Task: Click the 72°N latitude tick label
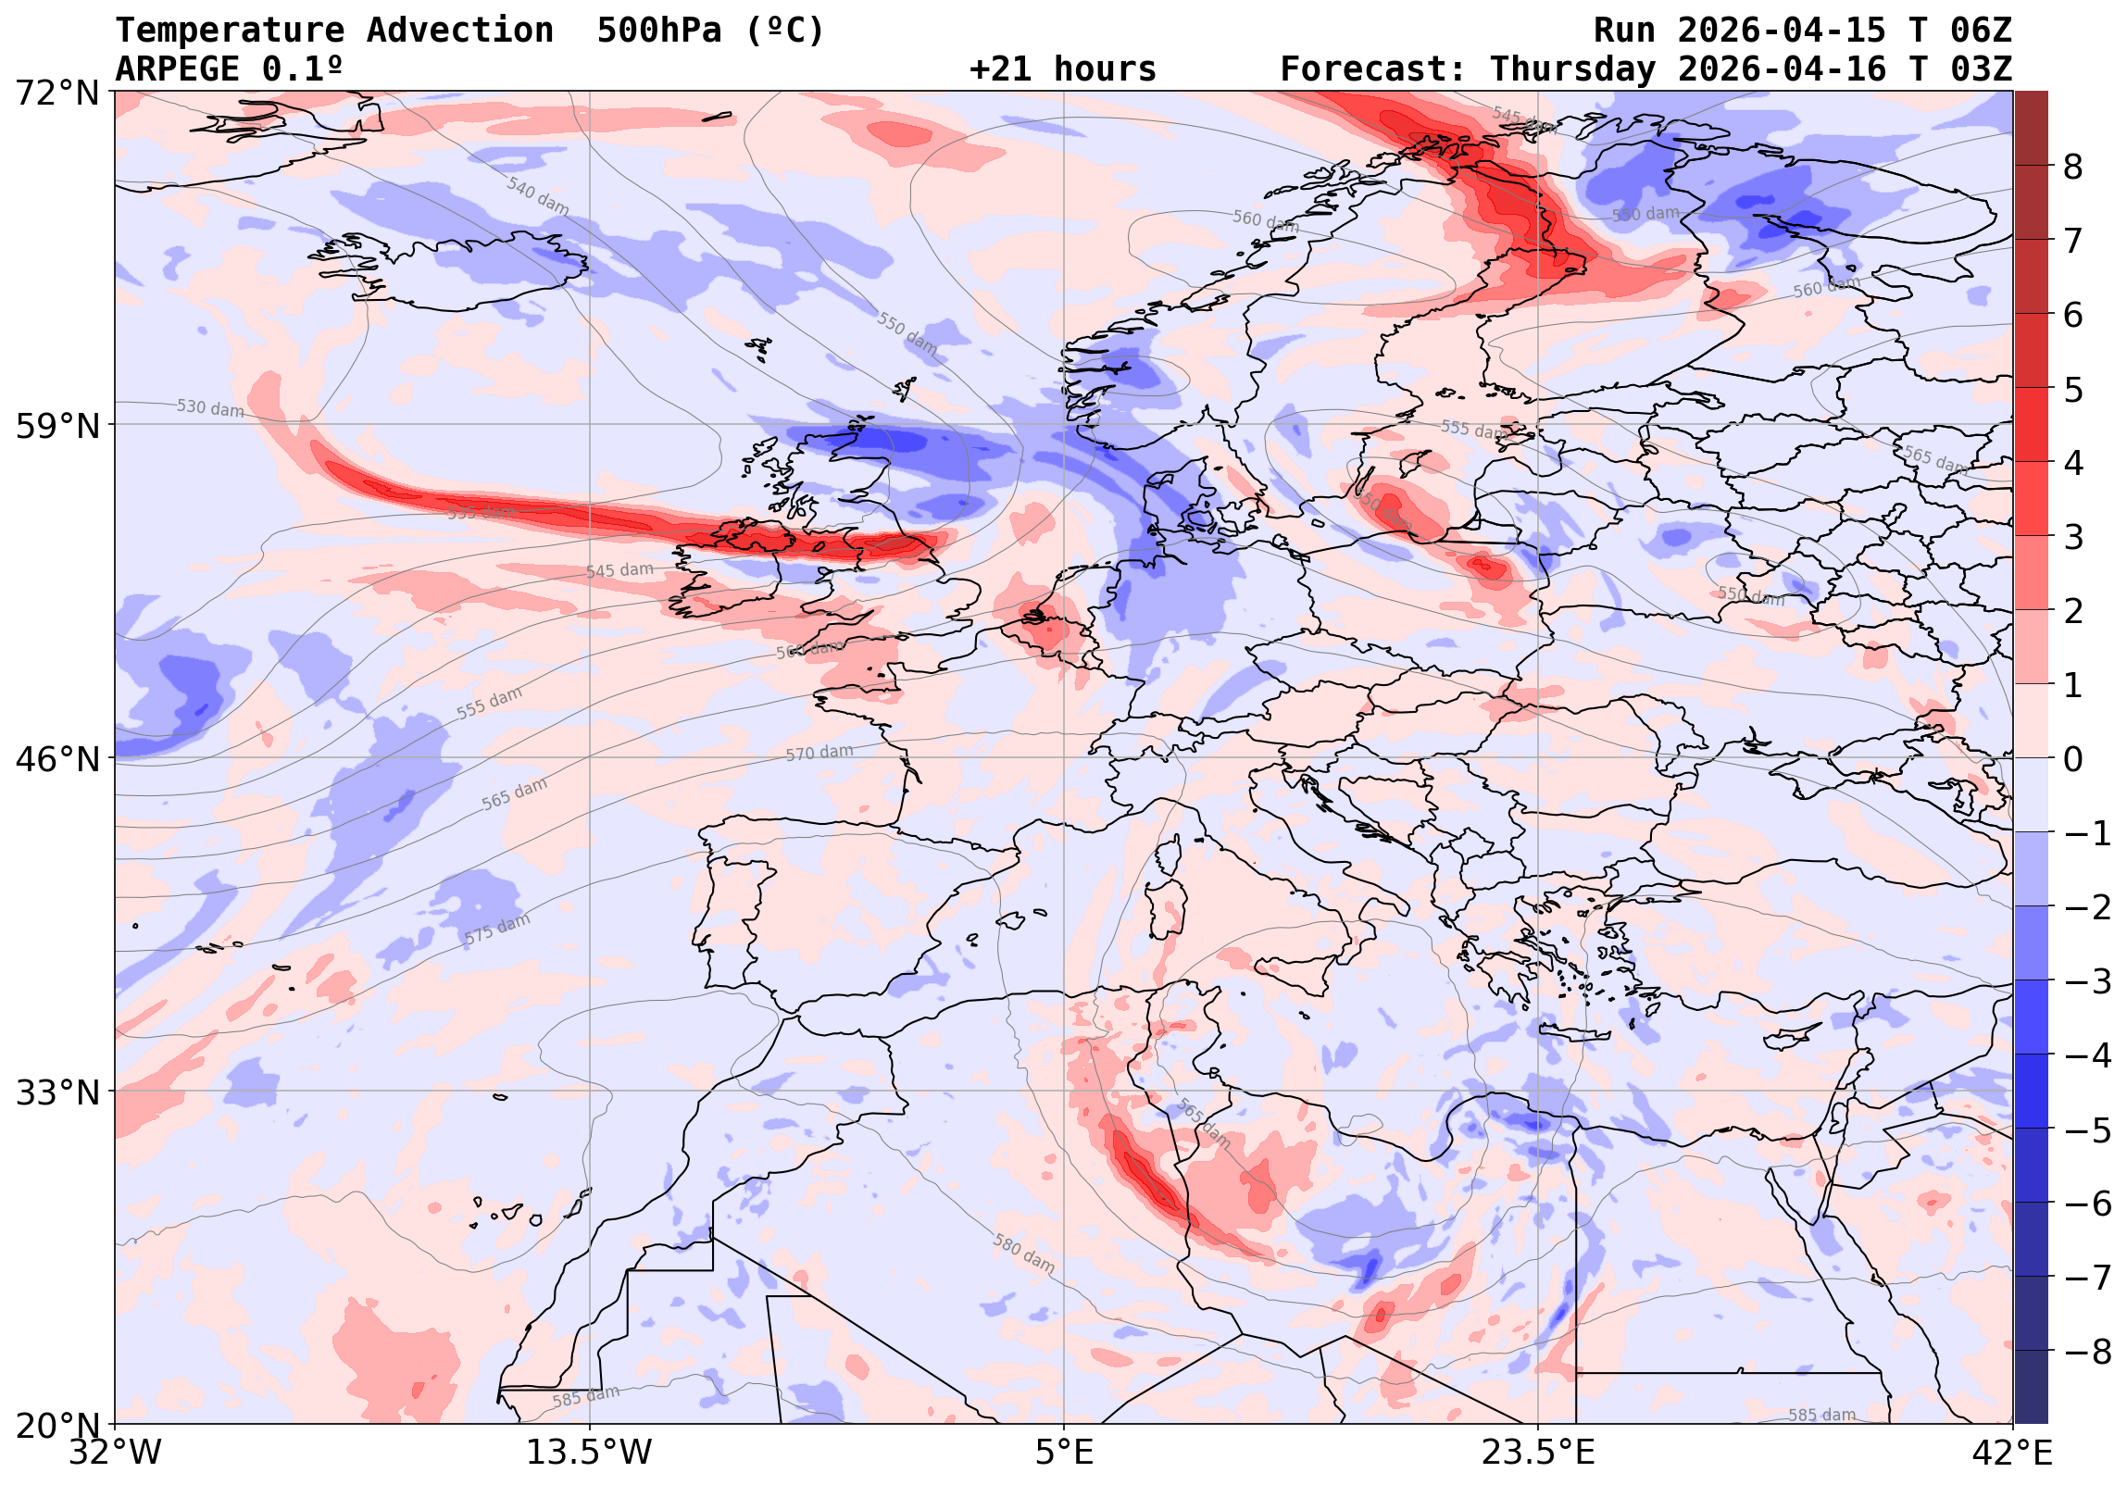click(x=57, y=93)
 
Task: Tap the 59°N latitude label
click(x=57, y=426)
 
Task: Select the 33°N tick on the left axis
click(x=57, y=1093)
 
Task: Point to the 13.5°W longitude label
click(x=589, y=1453)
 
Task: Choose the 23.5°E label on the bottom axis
click(x=1538, y=1453)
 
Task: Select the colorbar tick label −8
click(x=2088, y=1352)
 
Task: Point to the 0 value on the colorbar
click(x=2073, y=760)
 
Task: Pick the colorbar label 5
click(x=2073, y=389)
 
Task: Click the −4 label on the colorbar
click(x=2088, y=1055)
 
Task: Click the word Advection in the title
click(x=460, y=31)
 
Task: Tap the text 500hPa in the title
click(x=658, y=31)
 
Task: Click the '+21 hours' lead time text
click(x=1062, y=69)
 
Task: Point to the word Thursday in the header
click(x=1572, y=69)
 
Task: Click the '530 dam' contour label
click(x=210, y=408)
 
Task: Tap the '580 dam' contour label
click(x=1023, y=1254)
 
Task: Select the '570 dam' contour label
click(x=819, y=754)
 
